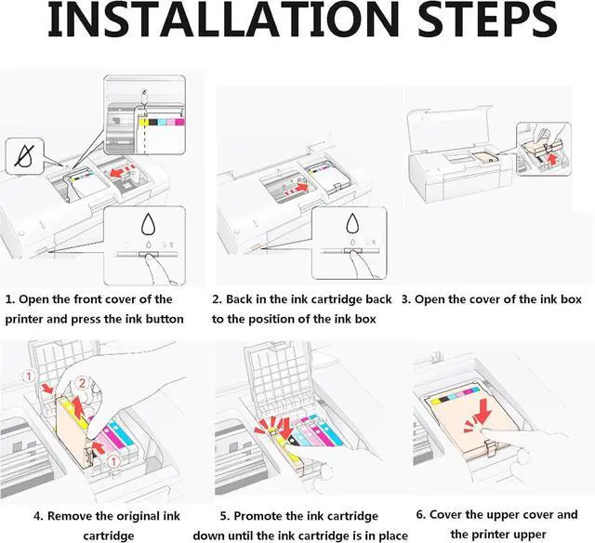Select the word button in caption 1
(161, 319)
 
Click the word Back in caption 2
(244, 299)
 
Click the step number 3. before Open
(406, 299)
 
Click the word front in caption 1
(87, 299)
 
